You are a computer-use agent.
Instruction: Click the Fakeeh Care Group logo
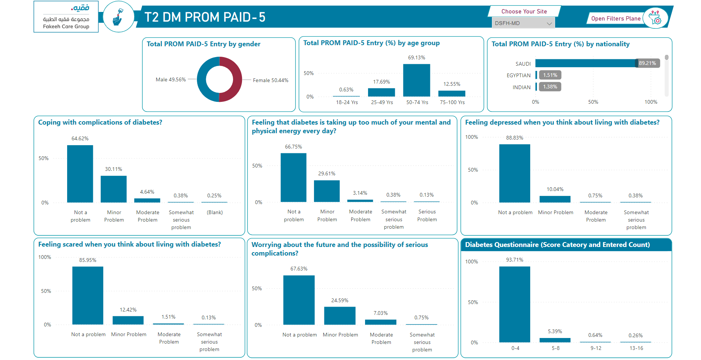(x=66, y=17)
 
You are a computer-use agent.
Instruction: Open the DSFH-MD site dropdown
(x=523, y=23)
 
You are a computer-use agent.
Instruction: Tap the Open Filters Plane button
(x=616, y=19)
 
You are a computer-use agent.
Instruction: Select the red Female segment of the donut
(x=231, y=79)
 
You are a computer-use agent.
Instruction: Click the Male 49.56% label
(x=171, y=79)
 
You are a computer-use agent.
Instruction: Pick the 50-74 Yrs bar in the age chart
(x=416, y=80)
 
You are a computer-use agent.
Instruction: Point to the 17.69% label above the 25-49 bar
(x=381, y=82)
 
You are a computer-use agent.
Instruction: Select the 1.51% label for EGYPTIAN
(x=550, y=75)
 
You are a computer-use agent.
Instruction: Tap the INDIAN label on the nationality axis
(x=521, y=87)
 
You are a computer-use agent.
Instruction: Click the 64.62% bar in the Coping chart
(x=80, y=174)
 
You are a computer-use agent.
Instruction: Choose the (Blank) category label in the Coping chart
(x=215, y=212)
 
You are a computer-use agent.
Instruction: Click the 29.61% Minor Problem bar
(x=327, y=191)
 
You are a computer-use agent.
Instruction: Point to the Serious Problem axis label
(x=427, y=215)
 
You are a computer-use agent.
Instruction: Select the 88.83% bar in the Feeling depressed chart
(x=515, y=173)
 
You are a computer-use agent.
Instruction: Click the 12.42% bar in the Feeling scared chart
(x=128, y=320)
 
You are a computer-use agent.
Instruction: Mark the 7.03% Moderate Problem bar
(x=381, y=322)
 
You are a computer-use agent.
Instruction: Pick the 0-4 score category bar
(x=515, y=304)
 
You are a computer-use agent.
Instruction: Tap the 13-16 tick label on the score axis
(x=636, y=348)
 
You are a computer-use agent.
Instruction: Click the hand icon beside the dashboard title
(x=118, y=17)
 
